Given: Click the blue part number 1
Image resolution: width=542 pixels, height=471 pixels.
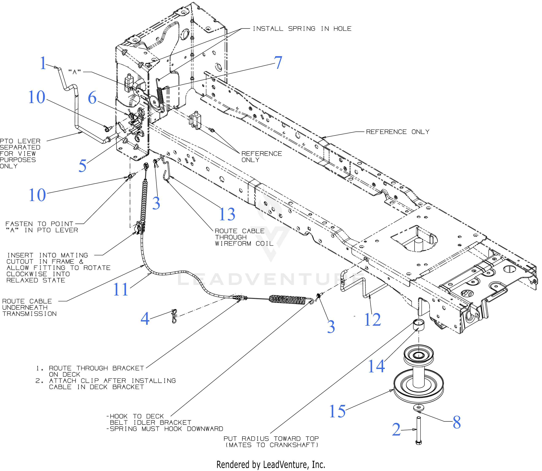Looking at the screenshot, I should pos(43,63).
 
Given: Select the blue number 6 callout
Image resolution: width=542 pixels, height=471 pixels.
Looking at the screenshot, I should pos(92,98).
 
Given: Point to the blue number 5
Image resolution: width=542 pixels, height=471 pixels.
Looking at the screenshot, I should pos(82,166).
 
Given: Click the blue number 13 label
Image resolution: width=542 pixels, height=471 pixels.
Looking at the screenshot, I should pos(227,214).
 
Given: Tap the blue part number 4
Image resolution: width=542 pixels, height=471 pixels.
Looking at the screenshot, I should pos(145,319).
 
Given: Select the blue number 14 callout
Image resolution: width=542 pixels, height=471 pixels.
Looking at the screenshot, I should pos(376,366).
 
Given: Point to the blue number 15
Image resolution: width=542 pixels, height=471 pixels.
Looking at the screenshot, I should pos(337,411).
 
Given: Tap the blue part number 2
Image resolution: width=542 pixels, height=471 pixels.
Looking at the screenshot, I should pos(396,430).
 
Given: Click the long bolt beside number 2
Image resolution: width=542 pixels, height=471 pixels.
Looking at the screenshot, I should pos(419,431).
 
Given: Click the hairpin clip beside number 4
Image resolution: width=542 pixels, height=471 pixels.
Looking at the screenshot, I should pos(174,316).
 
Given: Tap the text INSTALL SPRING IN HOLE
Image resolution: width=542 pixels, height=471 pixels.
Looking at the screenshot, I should pos(302,29).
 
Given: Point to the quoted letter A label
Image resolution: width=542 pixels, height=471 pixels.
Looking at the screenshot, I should pos(74,72).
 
